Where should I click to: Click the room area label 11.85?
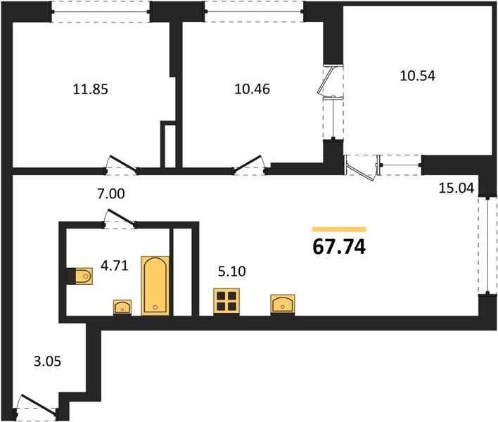91,89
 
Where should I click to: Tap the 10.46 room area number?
253,89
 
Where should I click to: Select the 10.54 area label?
417,75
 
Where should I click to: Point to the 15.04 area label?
456,188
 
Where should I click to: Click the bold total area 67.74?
339,247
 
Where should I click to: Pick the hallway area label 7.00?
111,193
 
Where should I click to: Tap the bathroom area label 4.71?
115,265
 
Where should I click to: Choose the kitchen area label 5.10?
232,271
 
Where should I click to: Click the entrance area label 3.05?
47,362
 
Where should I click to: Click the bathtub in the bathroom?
155,286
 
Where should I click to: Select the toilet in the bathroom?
80,276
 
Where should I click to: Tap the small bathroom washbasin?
122,307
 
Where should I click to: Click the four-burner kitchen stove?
226,302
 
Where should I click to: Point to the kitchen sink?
283,305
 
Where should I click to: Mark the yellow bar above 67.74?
339,229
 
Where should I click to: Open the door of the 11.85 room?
123,164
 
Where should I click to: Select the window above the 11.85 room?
101,12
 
